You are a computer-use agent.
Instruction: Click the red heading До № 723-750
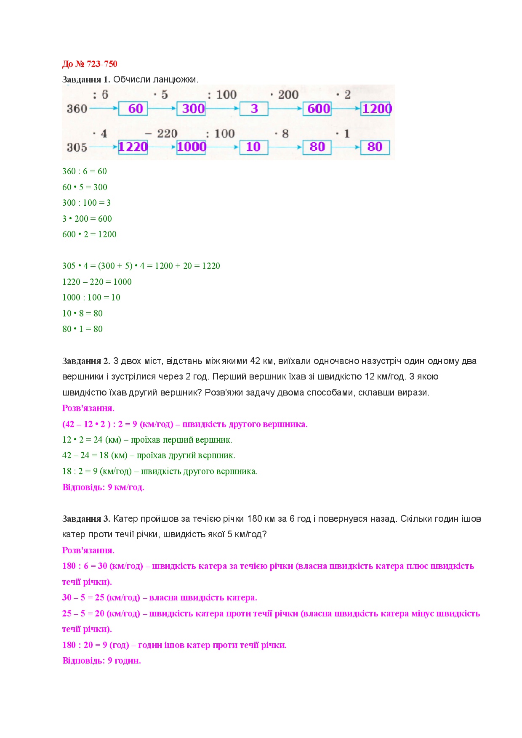pos(90,64)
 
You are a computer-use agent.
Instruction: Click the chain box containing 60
pos(133,109)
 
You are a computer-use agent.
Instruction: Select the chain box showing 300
pos(191,109)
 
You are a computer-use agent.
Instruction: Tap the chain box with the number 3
pos(254,109)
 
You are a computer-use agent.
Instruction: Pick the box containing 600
pos(317,109)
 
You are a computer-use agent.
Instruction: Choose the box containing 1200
pos(376,109)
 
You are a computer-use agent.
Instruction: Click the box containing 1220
pos(133,147)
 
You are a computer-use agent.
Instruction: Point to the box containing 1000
pos(191,147)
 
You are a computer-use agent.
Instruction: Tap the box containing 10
pos(254,147)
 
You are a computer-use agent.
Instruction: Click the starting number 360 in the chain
pos(77,109)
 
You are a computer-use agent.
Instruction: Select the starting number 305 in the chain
pos(77,148)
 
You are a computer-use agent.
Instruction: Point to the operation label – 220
pos(161,134)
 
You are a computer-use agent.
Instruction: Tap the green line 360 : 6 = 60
pos(85,171)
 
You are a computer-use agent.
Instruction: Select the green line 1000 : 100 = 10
pos(91,297)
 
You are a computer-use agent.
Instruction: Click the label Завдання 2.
pos(86,361)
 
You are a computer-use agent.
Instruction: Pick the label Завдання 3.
pos(86,519)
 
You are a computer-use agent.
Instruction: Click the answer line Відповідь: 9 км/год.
pos(103,487)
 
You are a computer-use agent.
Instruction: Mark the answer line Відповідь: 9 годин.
pos(101,661)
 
